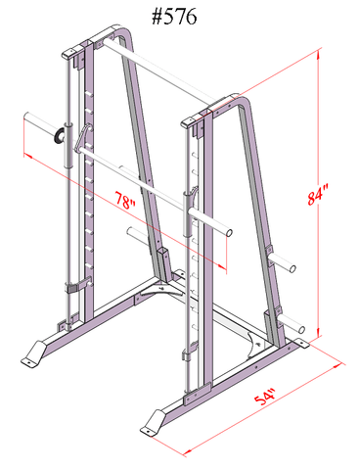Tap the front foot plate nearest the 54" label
click(156, 423)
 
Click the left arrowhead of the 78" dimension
click(24, 148)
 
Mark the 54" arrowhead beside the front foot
click(186, 451)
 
